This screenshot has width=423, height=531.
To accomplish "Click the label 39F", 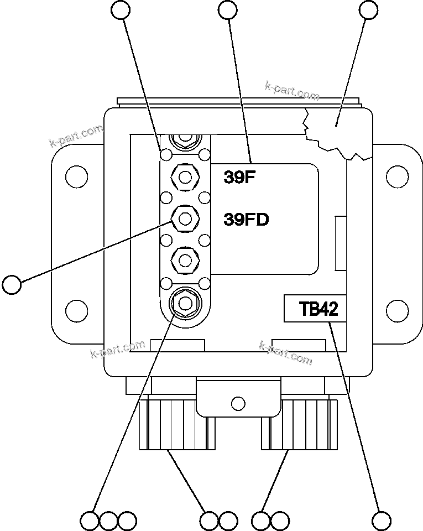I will (238, 177).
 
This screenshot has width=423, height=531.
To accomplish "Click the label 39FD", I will (246, 220).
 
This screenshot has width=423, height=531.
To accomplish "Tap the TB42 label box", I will (315, 309).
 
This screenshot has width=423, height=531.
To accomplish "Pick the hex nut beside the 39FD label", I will (184, 219).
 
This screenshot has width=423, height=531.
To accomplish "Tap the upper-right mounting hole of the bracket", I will (396, 177).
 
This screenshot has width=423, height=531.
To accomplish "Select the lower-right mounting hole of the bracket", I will (396, 309).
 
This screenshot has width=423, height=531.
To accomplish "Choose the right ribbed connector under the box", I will (299, 424).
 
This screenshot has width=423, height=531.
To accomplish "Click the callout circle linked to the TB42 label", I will (381, 520).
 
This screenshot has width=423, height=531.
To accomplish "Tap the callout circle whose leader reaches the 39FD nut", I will (12, 284).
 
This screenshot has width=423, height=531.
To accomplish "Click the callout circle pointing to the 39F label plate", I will (228, 9).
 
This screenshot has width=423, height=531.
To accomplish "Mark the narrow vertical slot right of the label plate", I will (341, 243).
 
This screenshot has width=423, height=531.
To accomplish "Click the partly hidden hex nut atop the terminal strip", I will (184, 140).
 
